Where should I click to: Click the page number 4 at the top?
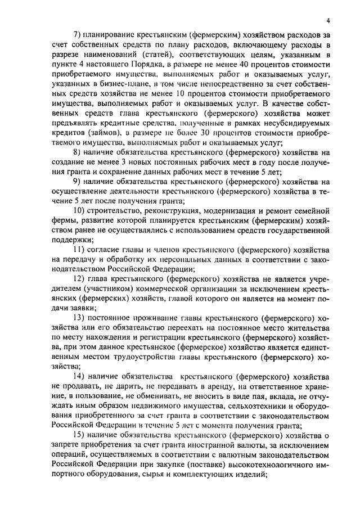[327, 20]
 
